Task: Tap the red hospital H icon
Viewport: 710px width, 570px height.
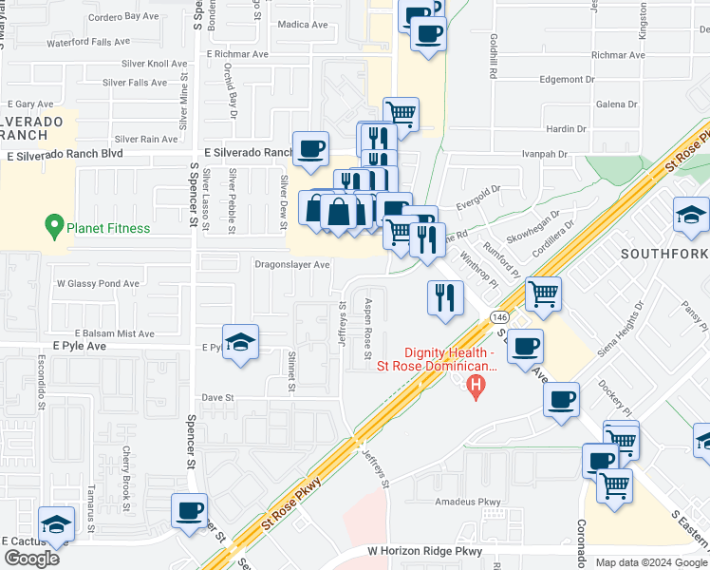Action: (x=477, y=387)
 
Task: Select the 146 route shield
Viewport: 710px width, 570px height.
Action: (x=498, y=315)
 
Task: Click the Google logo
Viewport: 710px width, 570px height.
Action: (x=31, y=558)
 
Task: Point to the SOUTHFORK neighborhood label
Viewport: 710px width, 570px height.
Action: (x=663, y=254)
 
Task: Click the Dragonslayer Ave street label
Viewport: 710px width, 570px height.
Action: (x=291, y=265)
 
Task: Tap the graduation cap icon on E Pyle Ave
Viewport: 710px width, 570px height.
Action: (x=241, y=342)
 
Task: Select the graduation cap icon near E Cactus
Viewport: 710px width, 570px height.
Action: (x=56, y=524)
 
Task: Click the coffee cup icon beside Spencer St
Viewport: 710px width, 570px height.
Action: (x=190, y=510)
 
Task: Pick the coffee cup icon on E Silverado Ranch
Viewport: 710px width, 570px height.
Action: (x=310, y=149)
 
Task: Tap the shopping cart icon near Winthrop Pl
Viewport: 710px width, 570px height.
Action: (x=543, y=294)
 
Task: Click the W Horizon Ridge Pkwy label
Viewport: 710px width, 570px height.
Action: (x=425, y=551)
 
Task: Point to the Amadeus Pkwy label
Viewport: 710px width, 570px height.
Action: (x=467, y=502)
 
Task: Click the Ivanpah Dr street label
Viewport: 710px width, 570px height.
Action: (x=544, y=152)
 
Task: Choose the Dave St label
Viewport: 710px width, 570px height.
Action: (x=217, y=398)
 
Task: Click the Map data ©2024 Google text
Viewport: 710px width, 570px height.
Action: (x=650, y=562)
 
